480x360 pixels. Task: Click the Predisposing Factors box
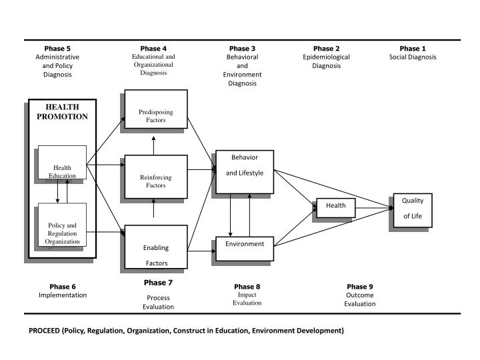(x=156, y=109)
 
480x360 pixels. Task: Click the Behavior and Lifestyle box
(x=244, y=171)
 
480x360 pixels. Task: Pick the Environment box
(x=244, y=247)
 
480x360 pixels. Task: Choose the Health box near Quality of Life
(x=335, y=208)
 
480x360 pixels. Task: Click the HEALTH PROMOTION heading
(x=62, y=111)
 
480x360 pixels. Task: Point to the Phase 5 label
(x=57, y=49)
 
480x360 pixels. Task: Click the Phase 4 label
(x=153, y=49)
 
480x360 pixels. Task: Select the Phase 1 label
(x=413, y=49)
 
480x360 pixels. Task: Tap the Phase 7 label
(x=158, y=283)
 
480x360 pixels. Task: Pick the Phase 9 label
(x=360, y=287)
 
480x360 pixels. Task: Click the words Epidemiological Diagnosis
(x=327, y=61)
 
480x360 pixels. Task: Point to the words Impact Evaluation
(x=247, y=299)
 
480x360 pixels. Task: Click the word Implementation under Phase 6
(x=63, y=295)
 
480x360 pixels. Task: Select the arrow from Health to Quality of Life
(x=373, y=209)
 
